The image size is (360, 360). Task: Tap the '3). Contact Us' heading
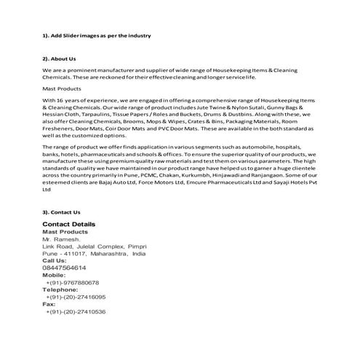60,212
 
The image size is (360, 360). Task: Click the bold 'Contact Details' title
69,224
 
